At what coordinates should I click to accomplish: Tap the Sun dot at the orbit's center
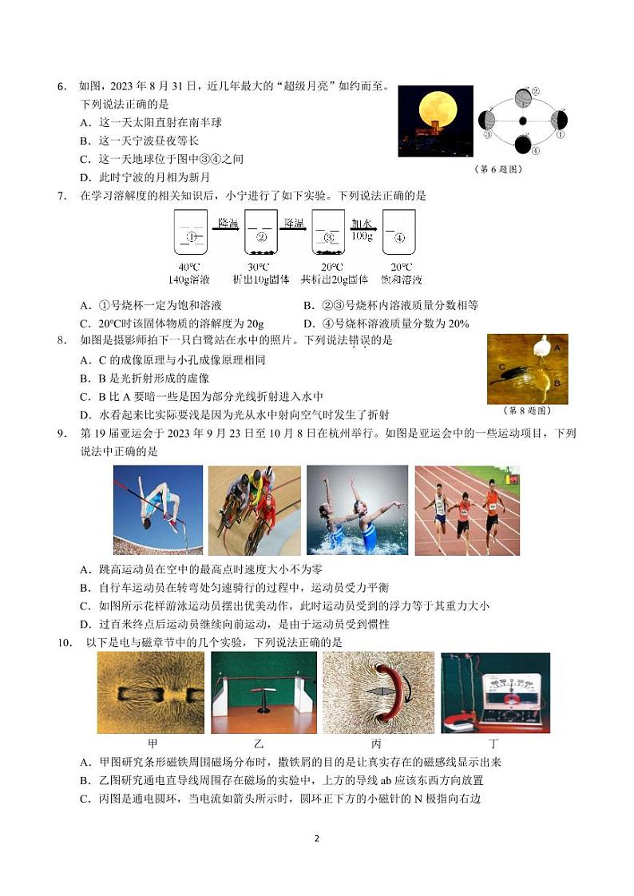[x=522, y=121]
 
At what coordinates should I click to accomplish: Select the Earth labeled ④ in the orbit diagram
[x=522, y=145]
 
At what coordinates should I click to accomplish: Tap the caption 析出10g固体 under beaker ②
[x=260, y=280]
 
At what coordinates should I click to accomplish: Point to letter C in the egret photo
[x=503, y=367]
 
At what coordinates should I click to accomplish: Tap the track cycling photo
[x=254, y=509]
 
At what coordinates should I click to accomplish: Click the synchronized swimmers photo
[x=357, y=509]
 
